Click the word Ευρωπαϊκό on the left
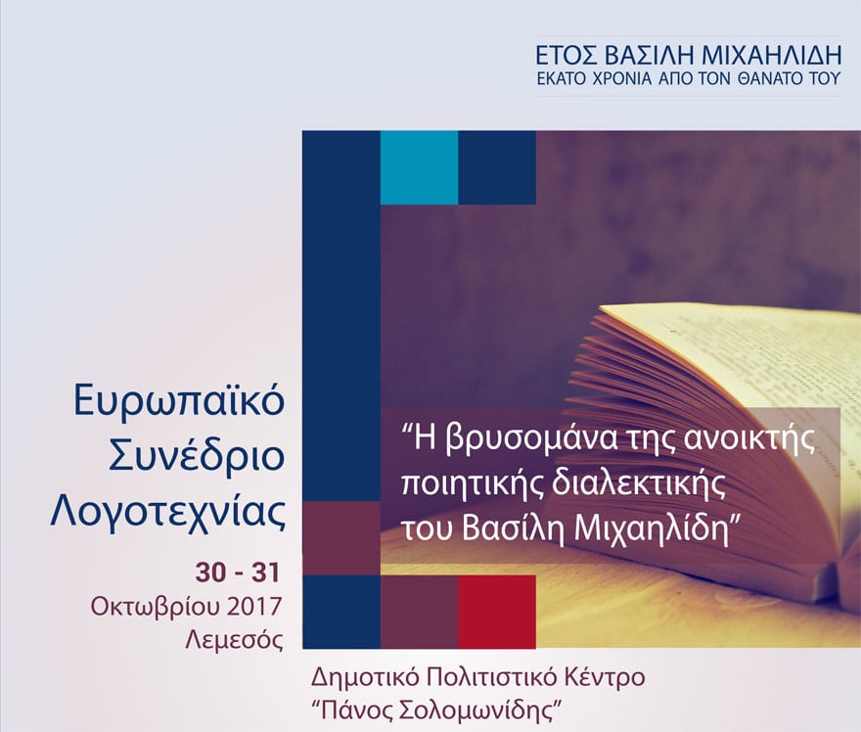(179, 401)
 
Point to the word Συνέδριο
(197, 457)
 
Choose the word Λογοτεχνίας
(168, 513)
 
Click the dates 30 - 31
(238, 572)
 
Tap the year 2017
(253, 607)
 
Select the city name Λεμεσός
(235, 640)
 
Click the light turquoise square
(420, 167)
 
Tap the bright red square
(497, 612)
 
